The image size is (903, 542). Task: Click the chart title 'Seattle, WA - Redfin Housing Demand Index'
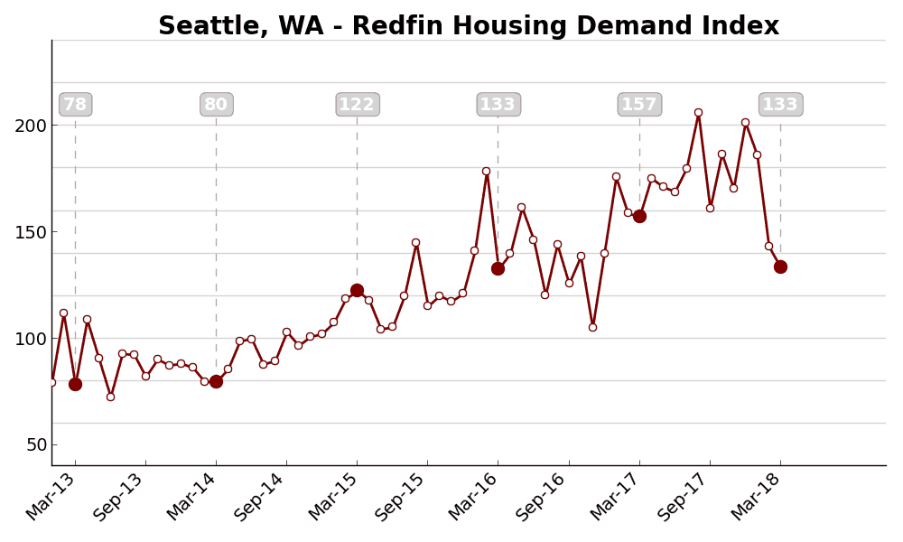click(468, 26)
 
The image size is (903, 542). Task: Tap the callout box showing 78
click(75, 105)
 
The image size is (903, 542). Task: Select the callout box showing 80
click(216, 105)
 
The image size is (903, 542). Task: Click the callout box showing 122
click(357, 105)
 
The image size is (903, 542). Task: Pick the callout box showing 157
click(639, 105)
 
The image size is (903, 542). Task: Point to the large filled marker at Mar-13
click(75, 384)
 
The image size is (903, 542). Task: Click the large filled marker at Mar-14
click(216, 381)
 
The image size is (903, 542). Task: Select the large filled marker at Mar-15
click(357, 290)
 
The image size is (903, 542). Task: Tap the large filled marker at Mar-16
click(498, 268)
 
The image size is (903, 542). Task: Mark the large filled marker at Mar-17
click(639, 216)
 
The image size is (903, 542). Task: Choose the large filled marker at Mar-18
click(780, 266)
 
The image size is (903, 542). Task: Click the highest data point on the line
click(698, 113)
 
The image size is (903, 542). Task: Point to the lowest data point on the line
click(110, 397)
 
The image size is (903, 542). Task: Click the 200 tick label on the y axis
click(30, 126)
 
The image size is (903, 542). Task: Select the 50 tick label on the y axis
click(35, 445)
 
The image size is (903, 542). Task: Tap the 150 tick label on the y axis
click(30, 232)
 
